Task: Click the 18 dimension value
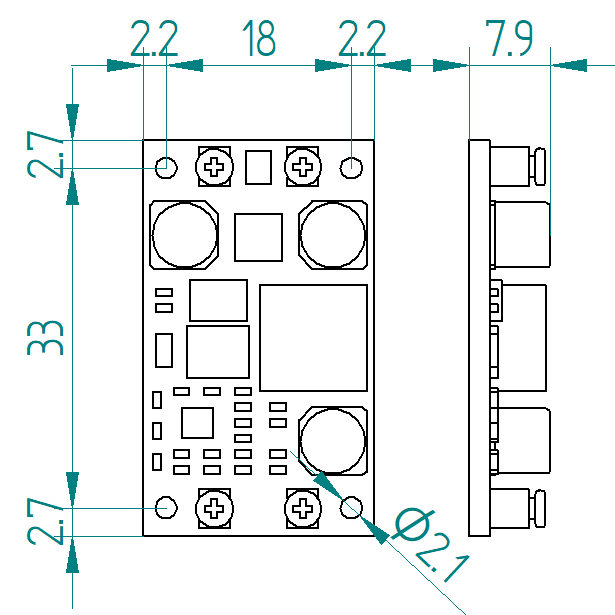[258, 40]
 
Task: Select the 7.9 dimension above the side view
[510, 39]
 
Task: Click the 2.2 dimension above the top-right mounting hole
[362, 40]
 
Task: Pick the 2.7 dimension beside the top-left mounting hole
[47, 153]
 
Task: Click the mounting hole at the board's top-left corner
[167, 166]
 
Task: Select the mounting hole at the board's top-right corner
[352, 166]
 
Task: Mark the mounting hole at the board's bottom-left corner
[167, 507]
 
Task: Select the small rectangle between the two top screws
[259, 167]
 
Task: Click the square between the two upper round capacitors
[259, 237]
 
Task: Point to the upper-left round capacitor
[184, 236]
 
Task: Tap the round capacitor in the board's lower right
[334, 440]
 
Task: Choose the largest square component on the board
[313, 338]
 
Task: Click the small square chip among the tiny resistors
[197, 423]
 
